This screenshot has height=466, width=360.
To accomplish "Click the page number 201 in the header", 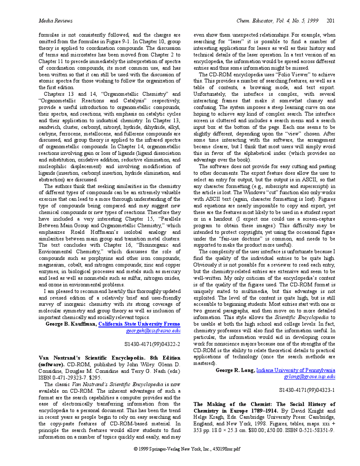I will click(x=331, y=20).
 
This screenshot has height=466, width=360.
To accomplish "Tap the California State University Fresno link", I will click(x=139, y=324).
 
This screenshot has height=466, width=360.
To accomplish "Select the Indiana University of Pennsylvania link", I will click(x=296, y=370).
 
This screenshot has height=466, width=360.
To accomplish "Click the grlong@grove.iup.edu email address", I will click(x=309, y=376).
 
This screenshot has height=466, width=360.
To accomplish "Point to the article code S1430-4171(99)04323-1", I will click(x=307, y=390).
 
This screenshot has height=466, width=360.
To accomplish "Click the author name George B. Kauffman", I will click(x=71, y=324).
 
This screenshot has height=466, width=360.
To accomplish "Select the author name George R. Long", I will click(x=235, y=370).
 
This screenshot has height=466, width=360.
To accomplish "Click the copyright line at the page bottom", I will click(x=187, y=449).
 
